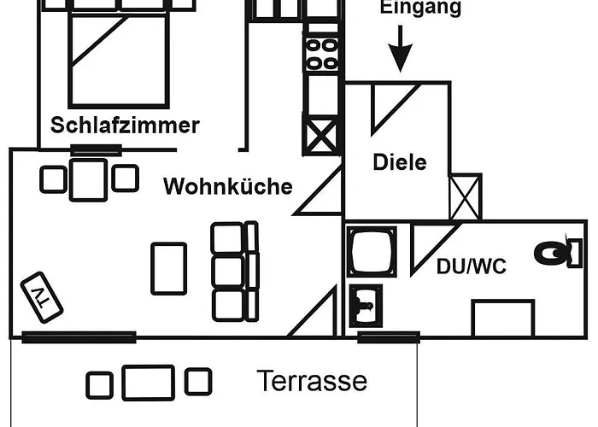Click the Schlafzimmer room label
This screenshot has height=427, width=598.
pos(125,126)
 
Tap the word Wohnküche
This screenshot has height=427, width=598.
pos(228,186)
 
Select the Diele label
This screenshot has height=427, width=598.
pos(400,162)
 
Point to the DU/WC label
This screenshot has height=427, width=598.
pos(472,266)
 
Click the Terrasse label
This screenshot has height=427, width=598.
pos(312,381)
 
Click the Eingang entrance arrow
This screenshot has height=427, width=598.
pos(400,49)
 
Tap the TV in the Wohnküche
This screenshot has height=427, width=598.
pos(42,297)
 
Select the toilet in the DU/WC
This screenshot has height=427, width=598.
pos(558,253)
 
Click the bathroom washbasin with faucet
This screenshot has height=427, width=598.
pos(366,306)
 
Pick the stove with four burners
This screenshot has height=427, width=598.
pos(321,54)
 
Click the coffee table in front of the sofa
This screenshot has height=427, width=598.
pos(169,269)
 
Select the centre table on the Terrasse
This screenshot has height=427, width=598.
pos(149,383)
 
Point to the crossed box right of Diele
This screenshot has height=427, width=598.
pos(466,196)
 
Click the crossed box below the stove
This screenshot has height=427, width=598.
pos(321,135)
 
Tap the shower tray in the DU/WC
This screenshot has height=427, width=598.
pos(372,252)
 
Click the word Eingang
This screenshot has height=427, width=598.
pos(420,8)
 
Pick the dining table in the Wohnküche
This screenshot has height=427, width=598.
pos(89,180)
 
